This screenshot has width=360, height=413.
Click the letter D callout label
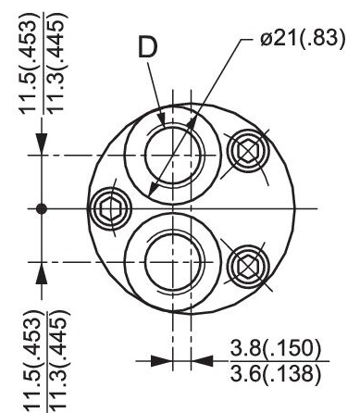point(148,46)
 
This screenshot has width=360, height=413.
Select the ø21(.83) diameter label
point(303,39)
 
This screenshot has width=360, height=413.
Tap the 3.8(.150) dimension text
point(276,348)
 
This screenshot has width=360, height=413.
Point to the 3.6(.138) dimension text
point(276,373)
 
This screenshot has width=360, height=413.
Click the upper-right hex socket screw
point(248,151)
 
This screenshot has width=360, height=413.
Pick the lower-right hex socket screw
point(248,267)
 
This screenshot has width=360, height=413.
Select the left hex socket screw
point(110,208)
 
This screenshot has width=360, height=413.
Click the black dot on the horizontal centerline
point(42,209)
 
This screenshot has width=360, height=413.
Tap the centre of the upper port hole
point(173,155)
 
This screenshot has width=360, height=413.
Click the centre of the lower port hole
point(173,262)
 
